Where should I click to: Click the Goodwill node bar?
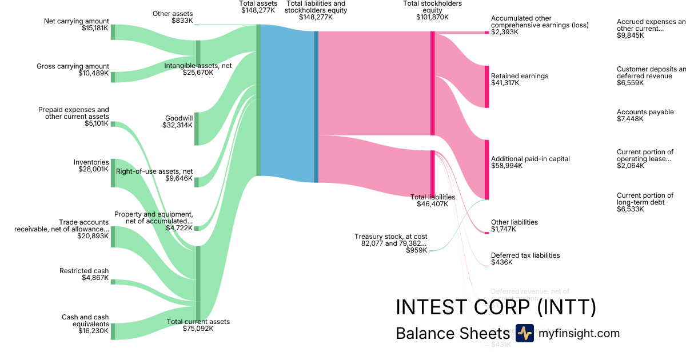(x=197, y=129)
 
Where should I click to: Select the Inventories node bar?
(x=113, y=173)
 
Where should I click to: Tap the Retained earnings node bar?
(x=487, y=86)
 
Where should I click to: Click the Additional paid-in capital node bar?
(x=487, y=169)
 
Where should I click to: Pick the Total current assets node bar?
(x=198, y=282)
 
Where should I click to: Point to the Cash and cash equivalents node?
(x=113, y=331)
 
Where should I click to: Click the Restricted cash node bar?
(x=113, y=282)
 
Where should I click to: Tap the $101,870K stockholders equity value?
(x=432, y=17)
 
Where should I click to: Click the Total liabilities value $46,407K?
(x=432, y=203)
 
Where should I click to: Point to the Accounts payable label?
(x=645, y=112)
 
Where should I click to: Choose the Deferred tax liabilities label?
(x=525, y=255)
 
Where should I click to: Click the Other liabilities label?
(x=514, y=222)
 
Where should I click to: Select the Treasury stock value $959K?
(x=416, y=250)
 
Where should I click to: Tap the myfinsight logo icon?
(x=524, y=333)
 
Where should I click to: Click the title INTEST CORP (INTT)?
(x=496, y=307)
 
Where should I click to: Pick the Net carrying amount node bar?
(x=113, y=32)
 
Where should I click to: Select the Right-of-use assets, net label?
(x=154, y=171)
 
